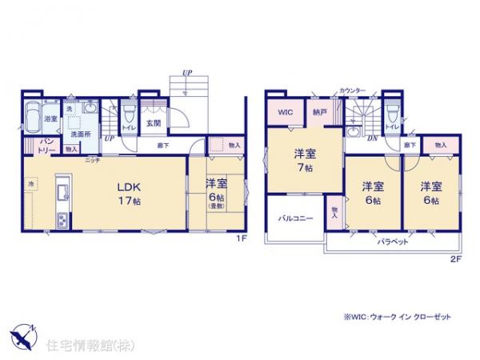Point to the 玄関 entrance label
point(154,124)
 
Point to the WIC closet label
point(285,114)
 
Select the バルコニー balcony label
point(294,218)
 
